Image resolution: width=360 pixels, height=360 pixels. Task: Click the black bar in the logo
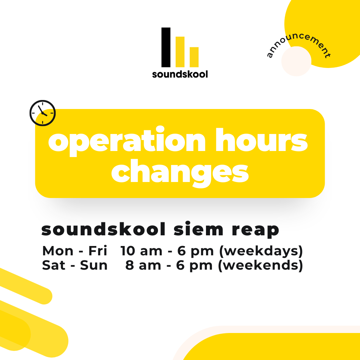coord(166,47)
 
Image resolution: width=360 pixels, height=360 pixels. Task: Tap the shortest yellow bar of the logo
coord(194,57)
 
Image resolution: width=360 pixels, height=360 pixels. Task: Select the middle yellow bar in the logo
coord(180,52)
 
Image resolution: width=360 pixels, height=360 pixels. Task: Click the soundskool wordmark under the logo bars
coord(180,74)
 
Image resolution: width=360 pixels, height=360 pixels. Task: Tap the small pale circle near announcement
coord(296,61)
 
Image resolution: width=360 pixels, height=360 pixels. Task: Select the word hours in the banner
coord(262,140)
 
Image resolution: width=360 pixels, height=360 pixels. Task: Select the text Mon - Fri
coord(75,251)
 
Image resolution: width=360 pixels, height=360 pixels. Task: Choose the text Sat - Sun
coord(75,265)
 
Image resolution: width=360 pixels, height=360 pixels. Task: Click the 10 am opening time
coord(141,251)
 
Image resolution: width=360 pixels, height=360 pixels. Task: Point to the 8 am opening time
coord(143,265)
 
